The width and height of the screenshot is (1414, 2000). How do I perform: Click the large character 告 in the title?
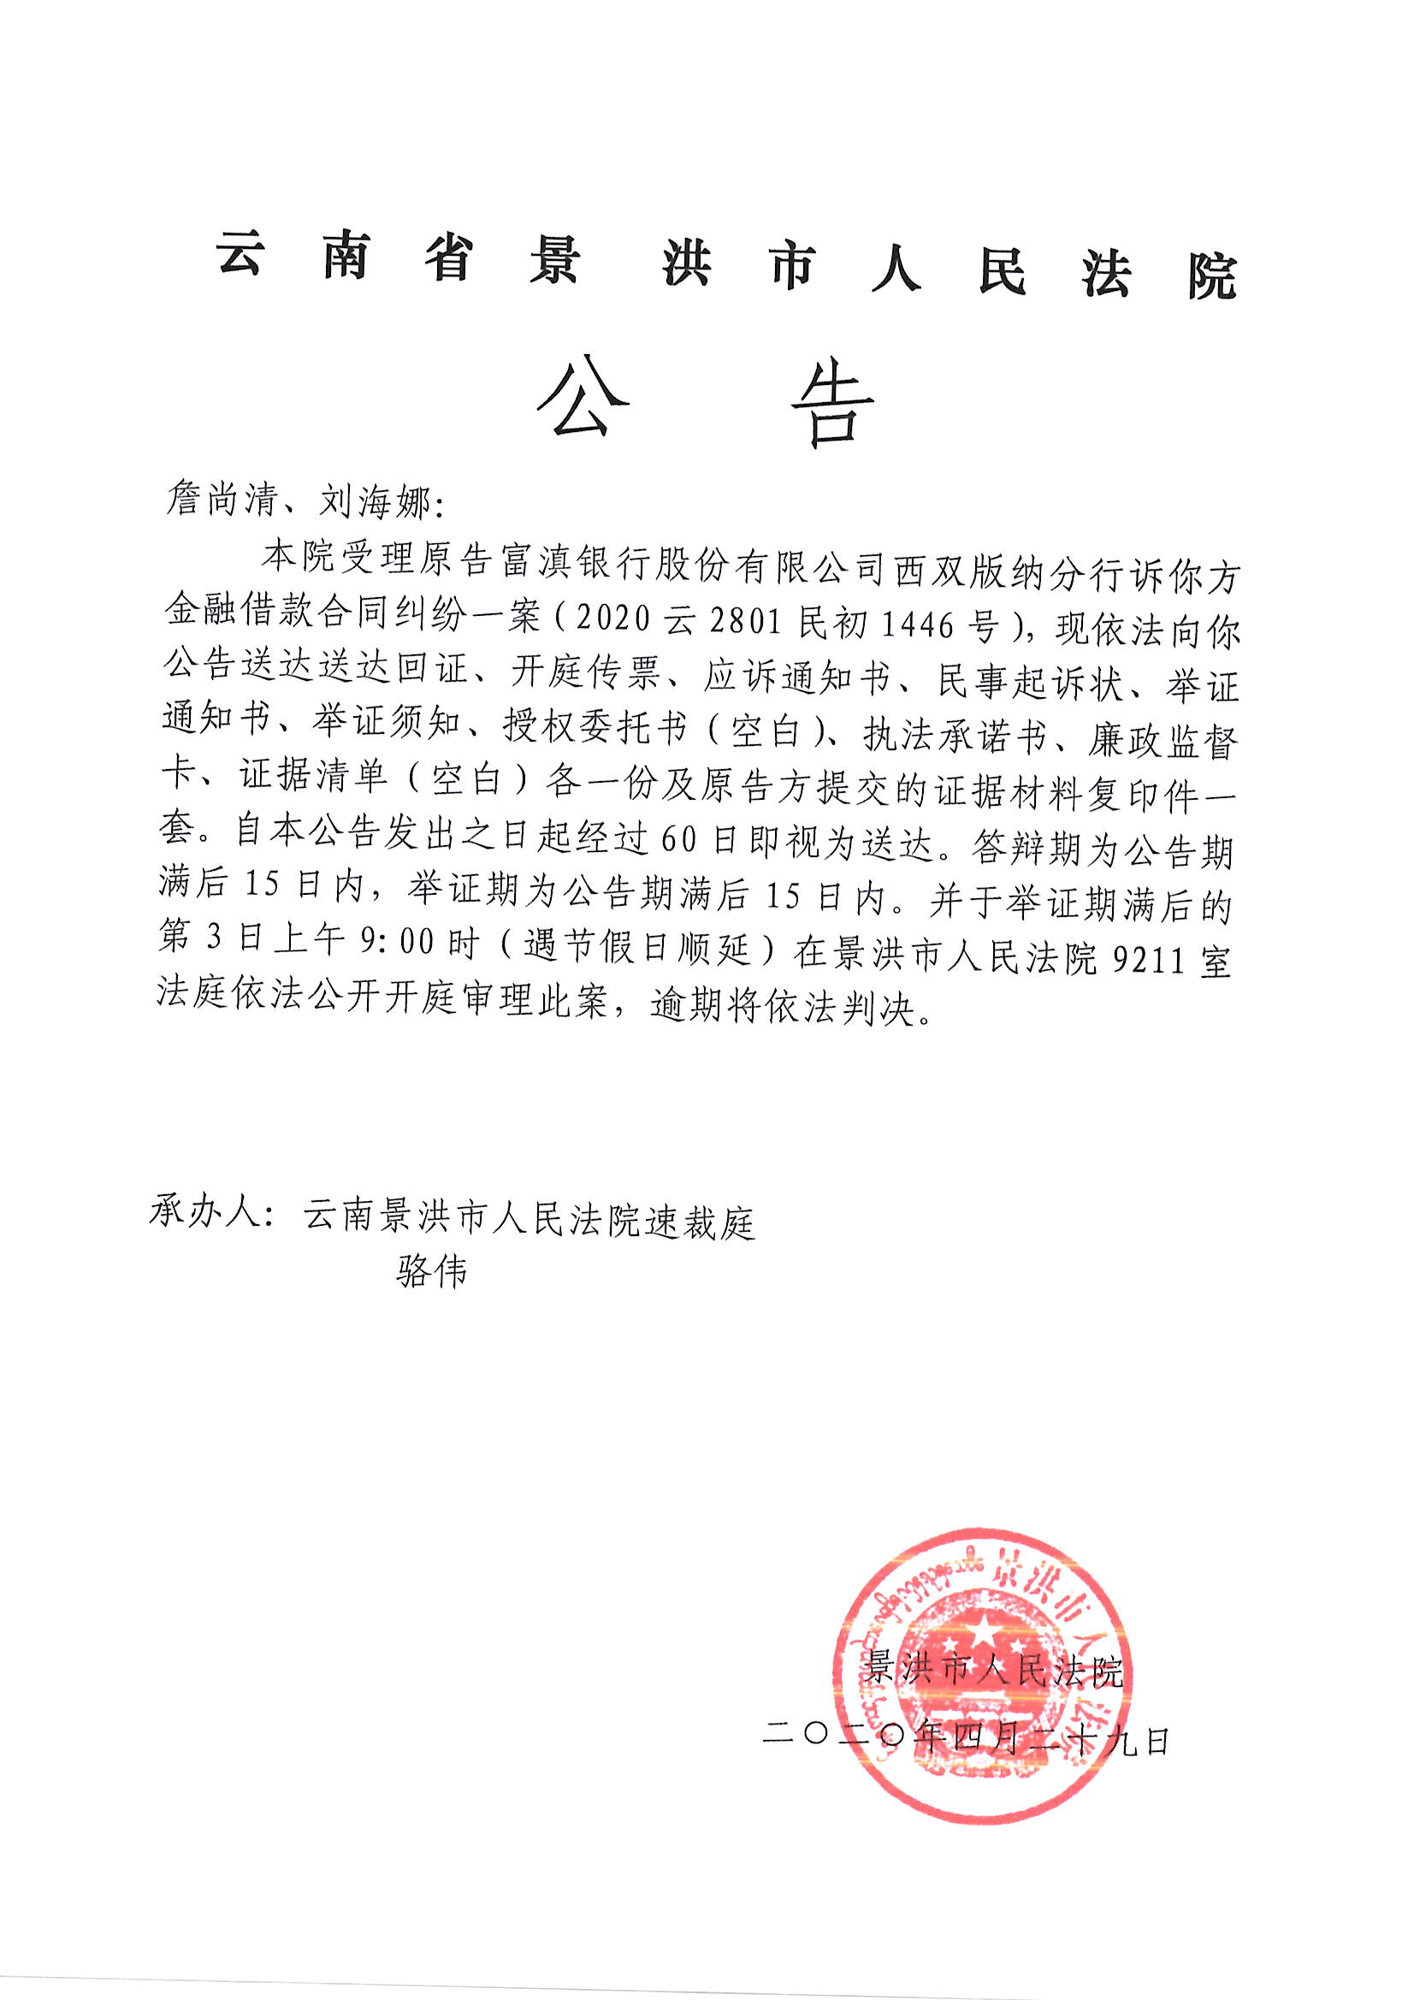[832, 403]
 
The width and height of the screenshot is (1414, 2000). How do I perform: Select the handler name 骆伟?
[431, 1273]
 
